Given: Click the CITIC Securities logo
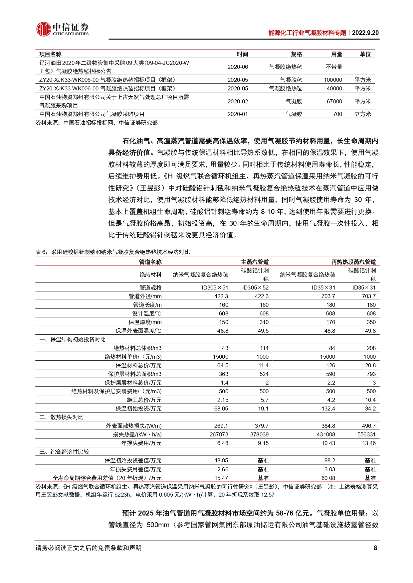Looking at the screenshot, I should [62, 29].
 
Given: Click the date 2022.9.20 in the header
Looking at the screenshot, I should [365, 33].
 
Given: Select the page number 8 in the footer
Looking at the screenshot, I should [375, 548].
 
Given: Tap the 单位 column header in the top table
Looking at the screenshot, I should [365, 54].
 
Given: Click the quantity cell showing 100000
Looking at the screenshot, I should [333, 80].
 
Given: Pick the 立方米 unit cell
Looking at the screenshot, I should [362, 114].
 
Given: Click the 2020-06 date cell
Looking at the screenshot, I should [238, 67].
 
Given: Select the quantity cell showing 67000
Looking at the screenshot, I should [334, 101].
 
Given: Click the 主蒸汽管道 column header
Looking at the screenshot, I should [255, 262].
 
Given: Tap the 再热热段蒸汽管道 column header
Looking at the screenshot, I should [353, 262].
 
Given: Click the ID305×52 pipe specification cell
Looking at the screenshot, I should [255, 288].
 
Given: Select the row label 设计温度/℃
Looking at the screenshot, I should [147, 313].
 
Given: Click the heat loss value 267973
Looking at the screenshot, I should [219, 434].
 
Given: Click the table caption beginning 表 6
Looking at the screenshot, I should [112, 252].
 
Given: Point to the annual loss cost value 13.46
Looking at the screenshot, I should [369, 443].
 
